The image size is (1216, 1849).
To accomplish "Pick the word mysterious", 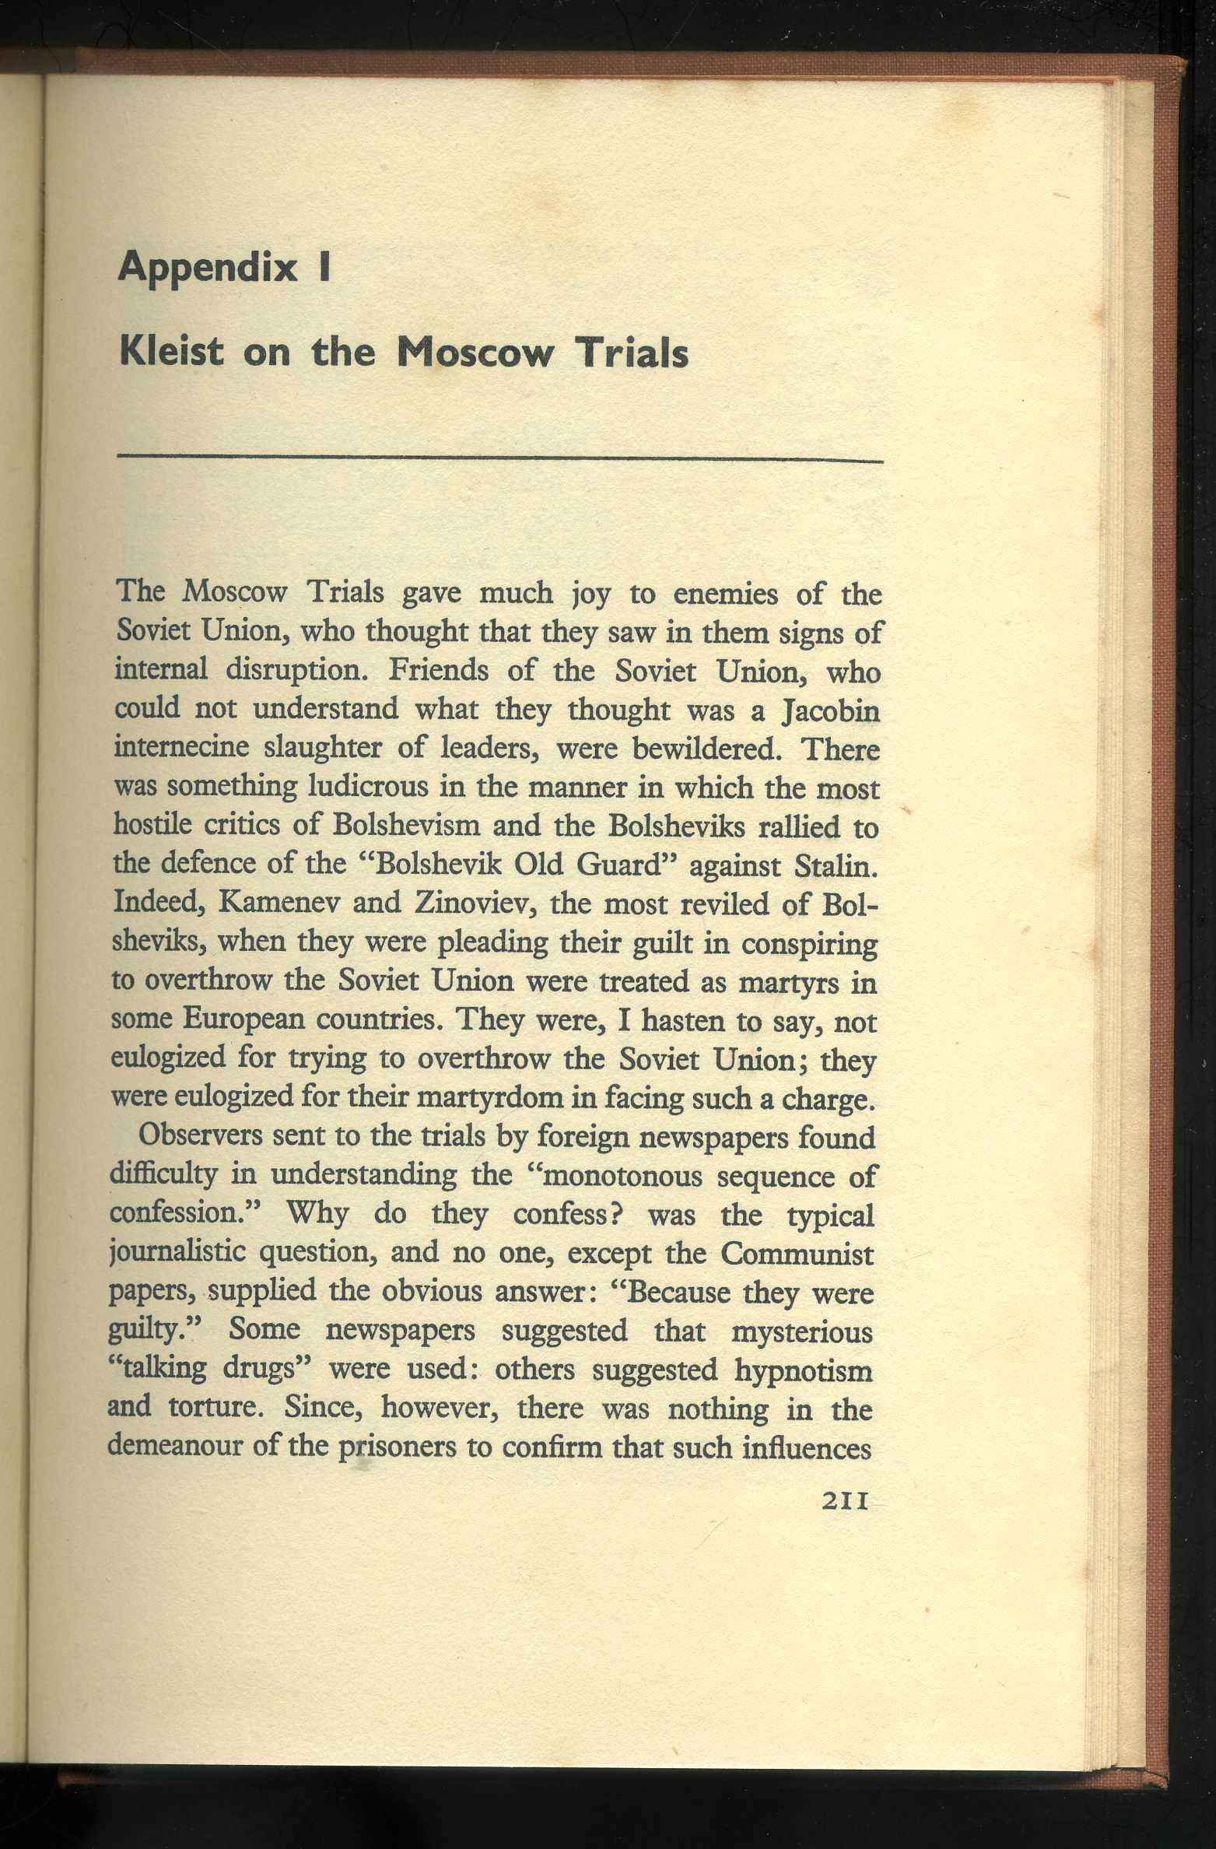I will coord(801,1331).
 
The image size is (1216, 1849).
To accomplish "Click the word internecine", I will coord(183,749).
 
